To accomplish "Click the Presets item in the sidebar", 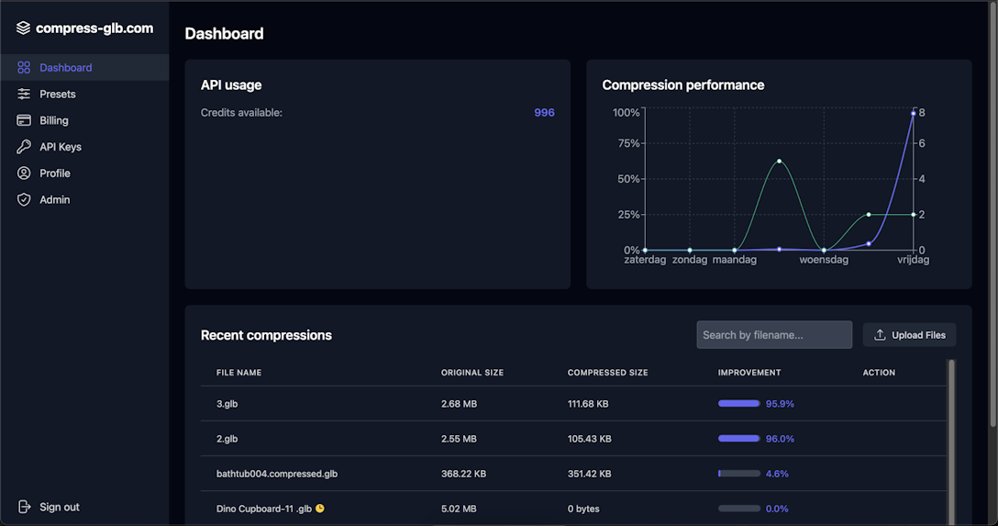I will click(x=57, y=94).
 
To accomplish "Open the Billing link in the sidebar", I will click(x=53, y=120).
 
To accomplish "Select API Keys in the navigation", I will click(x=60, y=147).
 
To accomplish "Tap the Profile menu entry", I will click(x=54, y=173).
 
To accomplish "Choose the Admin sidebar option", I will click(x=54, y=199).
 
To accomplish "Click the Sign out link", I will click(x=59, y=507).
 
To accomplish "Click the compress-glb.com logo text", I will click(x=94, y=28).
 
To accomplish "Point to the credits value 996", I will click(x=544, y=113).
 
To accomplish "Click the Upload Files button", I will click(x=909, y=335).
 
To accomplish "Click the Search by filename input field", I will click(x=773, y=335).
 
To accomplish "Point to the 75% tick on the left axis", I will click(x=627, y=143).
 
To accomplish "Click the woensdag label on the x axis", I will click(x=823, y=260).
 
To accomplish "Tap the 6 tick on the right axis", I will click(x=921, y=143).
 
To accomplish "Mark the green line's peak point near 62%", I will click(x=779, y=162).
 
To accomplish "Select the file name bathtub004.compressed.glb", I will click(x=276, y=474).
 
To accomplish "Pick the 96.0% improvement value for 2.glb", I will click(x=780, y=439).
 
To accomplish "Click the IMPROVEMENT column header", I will click(x=748, y=373).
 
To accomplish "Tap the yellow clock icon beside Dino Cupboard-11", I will click(x=320, y=509).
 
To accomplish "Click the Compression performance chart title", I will click(x=682, y=84).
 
